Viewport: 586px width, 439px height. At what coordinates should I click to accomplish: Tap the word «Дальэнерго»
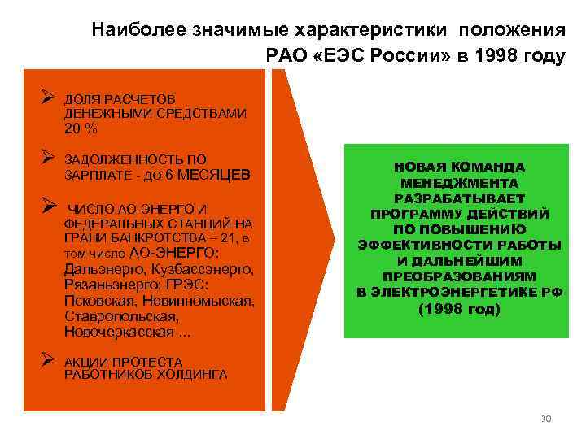click(x=99, y=269)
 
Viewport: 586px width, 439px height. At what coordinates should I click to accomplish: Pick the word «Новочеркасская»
click(x=117, y=333)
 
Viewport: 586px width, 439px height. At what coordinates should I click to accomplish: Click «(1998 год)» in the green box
click(x=459, y=310)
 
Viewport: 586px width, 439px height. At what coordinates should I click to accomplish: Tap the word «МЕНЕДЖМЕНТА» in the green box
click(x=459, y=184)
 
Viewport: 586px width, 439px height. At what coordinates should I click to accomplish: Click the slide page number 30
click(x=545, y=419)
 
